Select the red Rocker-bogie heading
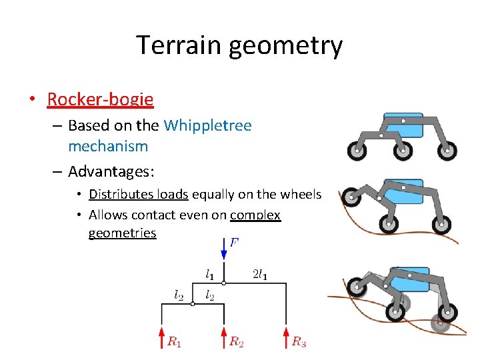tap(100, 100)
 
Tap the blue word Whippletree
tap(207, 125)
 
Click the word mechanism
tap(108, 145)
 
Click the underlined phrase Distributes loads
tap(139, 194)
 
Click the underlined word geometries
tap(122, 233)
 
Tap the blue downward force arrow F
tap(223, 250)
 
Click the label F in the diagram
tap(234, 242)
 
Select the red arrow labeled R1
tap(161, 337)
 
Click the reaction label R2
tap(236, 342)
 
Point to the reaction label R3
tap(299, 342)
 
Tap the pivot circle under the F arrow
tap(223, 283)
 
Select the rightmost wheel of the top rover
tap(446, 151)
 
